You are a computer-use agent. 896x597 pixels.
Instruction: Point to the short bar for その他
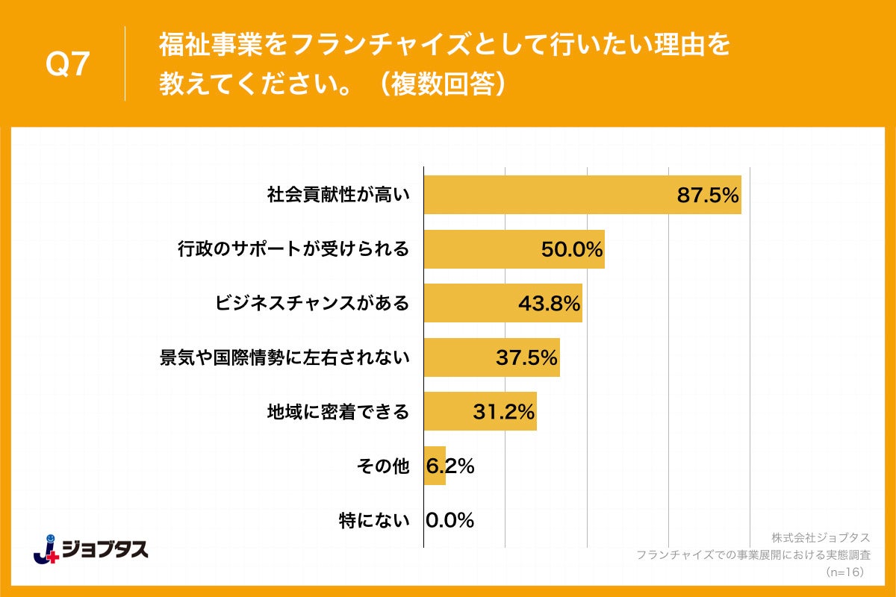click(435, 466)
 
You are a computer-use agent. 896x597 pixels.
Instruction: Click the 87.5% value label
click(708, 196)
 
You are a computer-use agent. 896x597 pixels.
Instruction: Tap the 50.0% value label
click(572, 250)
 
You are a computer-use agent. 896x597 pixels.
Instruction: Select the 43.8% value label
click(549, 304)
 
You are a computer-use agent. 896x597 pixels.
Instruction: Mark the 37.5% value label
click(526, 358)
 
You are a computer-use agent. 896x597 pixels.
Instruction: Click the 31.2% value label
click(503, 412)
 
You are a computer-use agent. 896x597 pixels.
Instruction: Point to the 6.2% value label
click(450, 466)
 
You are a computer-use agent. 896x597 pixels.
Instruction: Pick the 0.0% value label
click(450, 520)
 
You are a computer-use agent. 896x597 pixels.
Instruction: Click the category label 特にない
click(374, 520)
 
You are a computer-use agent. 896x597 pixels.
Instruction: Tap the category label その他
click(383, 466)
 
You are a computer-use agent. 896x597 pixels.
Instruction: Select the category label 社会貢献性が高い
click(338, 196)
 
